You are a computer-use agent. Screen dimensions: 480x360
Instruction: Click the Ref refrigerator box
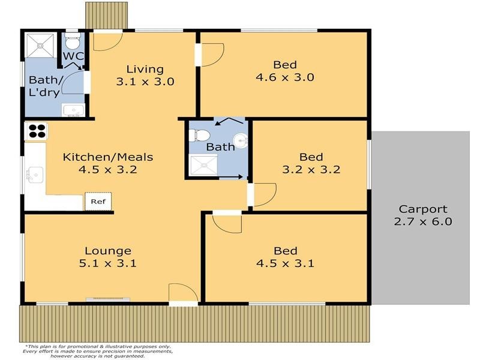[98, 201]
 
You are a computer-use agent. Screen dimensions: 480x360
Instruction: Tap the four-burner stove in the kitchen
[37, 131]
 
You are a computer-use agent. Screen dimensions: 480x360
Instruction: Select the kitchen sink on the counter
[35, 175]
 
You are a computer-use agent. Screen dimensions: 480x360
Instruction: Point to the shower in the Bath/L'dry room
[40, 46]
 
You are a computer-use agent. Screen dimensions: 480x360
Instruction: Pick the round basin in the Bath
[241, 140]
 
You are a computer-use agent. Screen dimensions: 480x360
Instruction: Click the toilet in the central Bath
[199, 136]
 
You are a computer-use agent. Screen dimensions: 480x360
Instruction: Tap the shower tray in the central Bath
[204, 165]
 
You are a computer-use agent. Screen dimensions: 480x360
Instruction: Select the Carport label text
[423, 209]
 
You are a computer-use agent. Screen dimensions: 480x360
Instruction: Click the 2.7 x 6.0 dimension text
[423, 221]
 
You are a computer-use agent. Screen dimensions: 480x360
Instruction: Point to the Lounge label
[108, 251]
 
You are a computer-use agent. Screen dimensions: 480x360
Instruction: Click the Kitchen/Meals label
[108, 157]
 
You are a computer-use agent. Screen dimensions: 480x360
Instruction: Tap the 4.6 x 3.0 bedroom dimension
[284, 77]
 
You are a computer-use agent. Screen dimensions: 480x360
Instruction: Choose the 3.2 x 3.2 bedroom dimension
[311, 169]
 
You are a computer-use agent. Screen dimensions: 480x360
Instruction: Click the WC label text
[73, 56]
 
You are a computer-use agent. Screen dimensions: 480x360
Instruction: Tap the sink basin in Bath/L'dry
[73, 110]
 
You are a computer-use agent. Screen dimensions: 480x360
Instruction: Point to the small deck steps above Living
[106, 16]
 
